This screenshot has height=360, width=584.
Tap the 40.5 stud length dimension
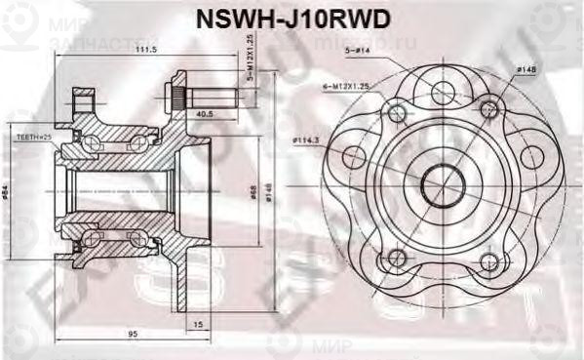click(205, 113)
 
